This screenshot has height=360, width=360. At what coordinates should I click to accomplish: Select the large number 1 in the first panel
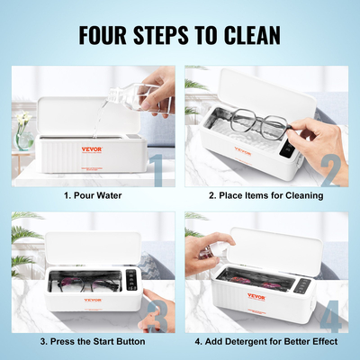(156, 170)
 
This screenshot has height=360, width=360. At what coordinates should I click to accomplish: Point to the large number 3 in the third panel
(156, 315)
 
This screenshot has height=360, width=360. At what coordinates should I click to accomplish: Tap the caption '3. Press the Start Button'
(92, 342)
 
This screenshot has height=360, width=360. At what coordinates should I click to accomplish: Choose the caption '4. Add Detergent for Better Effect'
(265, 342)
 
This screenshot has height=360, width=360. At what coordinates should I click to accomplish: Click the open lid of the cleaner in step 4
(270, 243)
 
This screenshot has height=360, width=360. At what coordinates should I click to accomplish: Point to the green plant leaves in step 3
(22, 229)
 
